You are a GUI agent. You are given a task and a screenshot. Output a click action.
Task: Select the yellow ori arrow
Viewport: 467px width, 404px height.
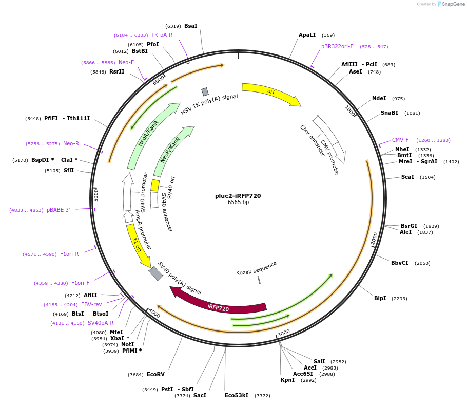(271, 93)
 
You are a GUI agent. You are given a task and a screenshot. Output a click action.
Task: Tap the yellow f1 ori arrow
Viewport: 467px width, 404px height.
(138, 245)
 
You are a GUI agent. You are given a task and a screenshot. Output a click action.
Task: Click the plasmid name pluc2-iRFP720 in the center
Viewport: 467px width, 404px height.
(238, 196)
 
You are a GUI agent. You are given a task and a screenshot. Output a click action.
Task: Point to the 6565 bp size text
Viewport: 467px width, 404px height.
(238, 203)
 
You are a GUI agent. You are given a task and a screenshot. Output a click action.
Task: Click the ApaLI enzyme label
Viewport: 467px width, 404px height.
(307, 35)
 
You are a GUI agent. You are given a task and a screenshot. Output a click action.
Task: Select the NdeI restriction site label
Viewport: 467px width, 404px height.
(379, 99)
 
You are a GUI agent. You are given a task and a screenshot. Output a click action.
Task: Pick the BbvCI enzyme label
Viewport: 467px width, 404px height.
(400, 263)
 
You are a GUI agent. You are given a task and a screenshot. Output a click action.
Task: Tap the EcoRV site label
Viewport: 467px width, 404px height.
(155, 375)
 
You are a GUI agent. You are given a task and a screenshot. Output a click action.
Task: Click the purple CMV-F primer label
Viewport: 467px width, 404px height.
(400, 140)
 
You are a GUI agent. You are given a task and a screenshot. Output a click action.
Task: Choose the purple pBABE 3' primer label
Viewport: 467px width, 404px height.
(58, 210)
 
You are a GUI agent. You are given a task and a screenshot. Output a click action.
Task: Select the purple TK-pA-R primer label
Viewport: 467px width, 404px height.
(162, 35)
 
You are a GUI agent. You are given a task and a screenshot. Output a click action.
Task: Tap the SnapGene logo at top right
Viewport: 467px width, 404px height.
(451, 4)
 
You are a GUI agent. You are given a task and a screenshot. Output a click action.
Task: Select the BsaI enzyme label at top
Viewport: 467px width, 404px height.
(190, 26)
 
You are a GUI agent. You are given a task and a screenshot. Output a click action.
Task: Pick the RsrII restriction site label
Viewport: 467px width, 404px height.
(116, 72)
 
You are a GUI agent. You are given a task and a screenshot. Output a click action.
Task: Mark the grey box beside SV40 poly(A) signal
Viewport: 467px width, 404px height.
(155, 273)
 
